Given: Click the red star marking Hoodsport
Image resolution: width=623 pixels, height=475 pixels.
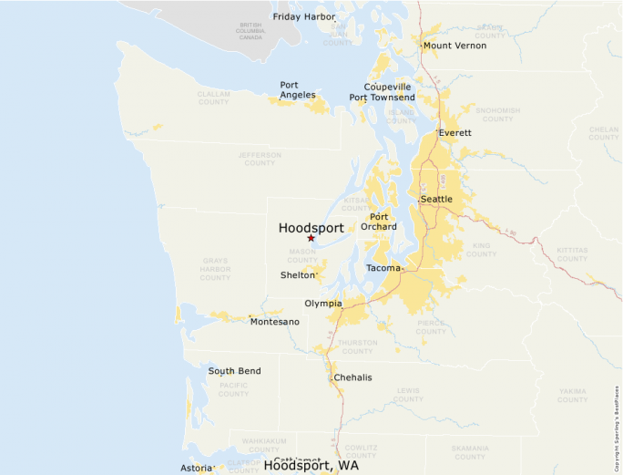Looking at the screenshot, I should pyautogui.click(x=311, y=238).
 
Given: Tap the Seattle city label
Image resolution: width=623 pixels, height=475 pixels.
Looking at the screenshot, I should pyautogui.click(x=436, y=199).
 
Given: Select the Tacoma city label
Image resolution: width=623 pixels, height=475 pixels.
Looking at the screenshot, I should pyautogui.click(x=383, y=268).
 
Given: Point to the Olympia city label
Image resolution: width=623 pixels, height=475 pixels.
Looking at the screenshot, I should pyautogui.click(x=323, y=303).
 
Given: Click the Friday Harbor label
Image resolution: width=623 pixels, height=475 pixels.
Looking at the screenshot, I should pyautogui.click(x=303, y=16).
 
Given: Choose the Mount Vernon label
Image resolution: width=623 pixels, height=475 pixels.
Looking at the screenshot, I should pyautogui.click(x=454, y=46).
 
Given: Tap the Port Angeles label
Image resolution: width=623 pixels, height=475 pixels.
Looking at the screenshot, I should pyautogui.click(x=298, y=89).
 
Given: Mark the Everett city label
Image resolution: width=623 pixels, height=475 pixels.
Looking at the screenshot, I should pyautogui.click(x=455, y=132).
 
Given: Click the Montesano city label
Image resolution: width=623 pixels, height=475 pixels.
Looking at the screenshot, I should pyautogui.click(x=274, y=321).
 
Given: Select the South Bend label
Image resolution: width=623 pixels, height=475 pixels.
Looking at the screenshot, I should pyautogui.click(x=234, y=371).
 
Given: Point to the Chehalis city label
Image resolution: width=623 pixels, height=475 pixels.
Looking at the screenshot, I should pyautogui.click(x=352, y=377).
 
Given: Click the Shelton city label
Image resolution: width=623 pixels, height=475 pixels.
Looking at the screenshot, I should pyautogui.click(x=297, y=274).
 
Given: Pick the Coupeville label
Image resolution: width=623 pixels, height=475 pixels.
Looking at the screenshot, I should pyautogui.click(x=387, y=87).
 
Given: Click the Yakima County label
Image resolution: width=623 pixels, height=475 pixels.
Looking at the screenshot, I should pyautogui.click(x=572, y=395).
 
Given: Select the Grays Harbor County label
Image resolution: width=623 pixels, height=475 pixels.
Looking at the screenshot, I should pyautogui.click(x=215, y=269).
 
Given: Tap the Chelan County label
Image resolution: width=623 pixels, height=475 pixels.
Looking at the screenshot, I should pyautogui.click(x=603, y=134).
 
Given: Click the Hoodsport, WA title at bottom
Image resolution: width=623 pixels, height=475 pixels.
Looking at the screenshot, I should pyautogui.click(x=311, y=465).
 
